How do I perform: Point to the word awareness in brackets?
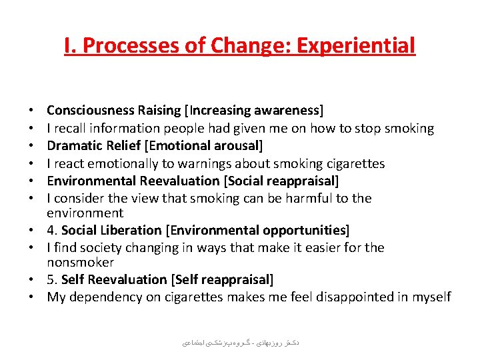[x=289, y=111]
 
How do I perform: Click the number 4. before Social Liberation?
[x=53, y=231]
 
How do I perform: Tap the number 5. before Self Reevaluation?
[x=53, y=279]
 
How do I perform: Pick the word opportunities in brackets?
[x=303, y=231]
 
